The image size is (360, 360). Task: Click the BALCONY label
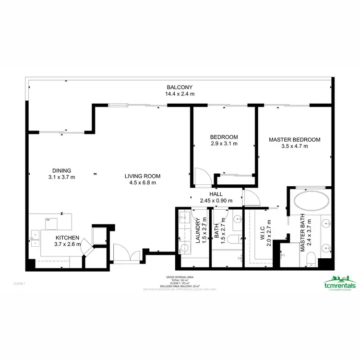[180, 87]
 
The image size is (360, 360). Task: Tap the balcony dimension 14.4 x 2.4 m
[180, 94]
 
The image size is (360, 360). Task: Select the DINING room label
[62, 170]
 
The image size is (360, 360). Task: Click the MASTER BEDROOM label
[294, 140]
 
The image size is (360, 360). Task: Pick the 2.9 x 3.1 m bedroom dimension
[224, 143]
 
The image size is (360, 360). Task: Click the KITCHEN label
[67, 238]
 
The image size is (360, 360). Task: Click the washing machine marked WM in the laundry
[183, 250]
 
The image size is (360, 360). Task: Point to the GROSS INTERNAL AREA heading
[180, 277]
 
